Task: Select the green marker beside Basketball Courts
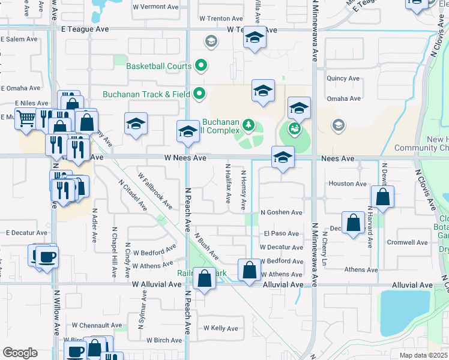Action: [x=201, y=66]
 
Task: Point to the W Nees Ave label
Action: [x=178, y=158]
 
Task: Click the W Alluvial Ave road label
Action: [x=156, y=284]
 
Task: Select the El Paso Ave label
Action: [x=281, y=233]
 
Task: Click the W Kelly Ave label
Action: [x=221, y=328]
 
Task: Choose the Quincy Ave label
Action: [x=343, y=79]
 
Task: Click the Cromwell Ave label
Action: [x=408, y=242]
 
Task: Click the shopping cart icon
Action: [x=25, y=119]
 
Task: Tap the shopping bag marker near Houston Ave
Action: [x=382, y=197]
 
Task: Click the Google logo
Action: [x=20, y=353]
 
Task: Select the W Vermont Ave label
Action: [x=155, y=7]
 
